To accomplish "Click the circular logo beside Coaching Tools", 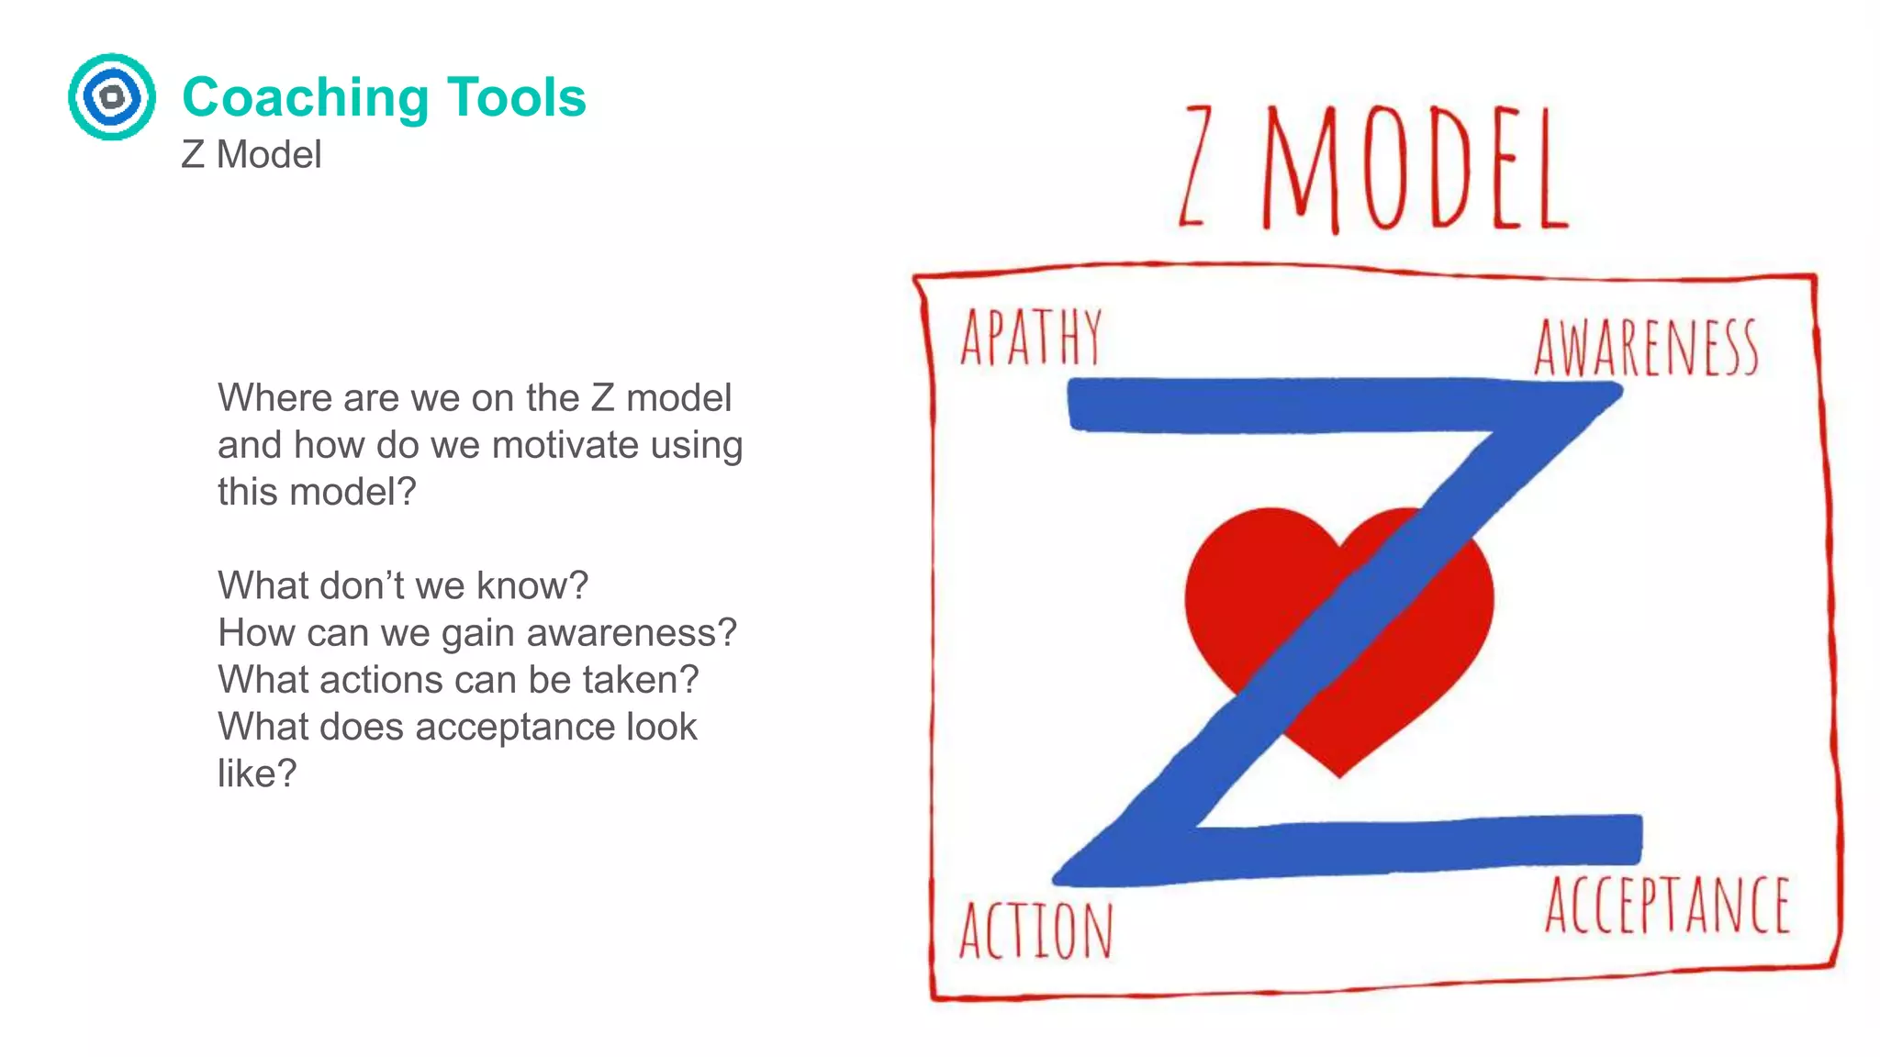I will pyautogui.click(x=112, y=96).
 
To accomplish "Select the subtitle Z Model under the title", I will pyautogui.click(x=252, y=154).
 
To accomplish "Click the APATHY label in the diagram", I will pyautogui.click(x=1031, y=338).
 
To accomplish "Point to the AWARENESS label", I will pyautogui.click(x=1646, y=349).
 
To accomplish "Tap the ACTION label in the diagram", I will pyautogui.click(x=1036, y=930).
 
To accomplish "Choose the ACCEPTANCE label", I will pyautogui.click(x=1667, y=906).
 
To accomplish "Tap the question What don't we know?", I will pyautogui.click(x=403, y=585).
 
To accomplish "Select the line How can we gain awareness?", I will pyautogui.click(x=477, y=632).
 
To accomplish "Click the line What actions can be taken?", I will pyautogui.click(x=458, y=680).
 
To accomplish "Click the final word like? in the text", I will pyautogui.click(x=257, y=773).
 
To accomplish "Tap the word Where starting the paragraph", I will pyautogui.click(x=274, y=398).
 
